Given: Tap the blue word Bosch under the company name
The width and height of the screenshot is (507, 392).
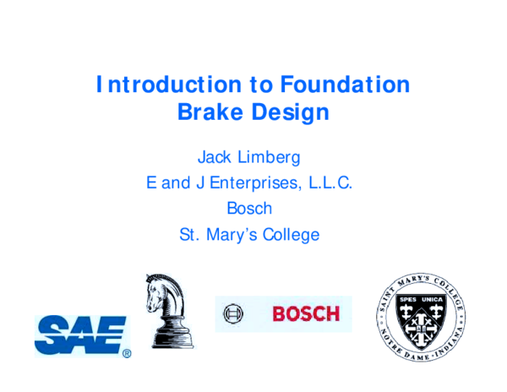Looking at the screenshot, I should tap(249, 208).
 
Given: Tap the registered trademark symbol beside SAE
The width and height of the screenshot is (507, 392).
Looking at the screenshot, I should tap(127, 354).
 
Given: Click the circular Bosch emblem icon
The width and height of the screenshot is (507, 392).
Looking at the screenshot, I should tap(232, 314).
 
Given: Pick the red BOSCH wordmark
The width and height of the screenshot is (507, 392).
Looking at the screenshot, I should tap(305, 314).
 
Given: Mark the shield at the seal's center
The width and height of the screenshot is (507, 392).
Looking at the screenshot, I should tap(420, 323).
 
